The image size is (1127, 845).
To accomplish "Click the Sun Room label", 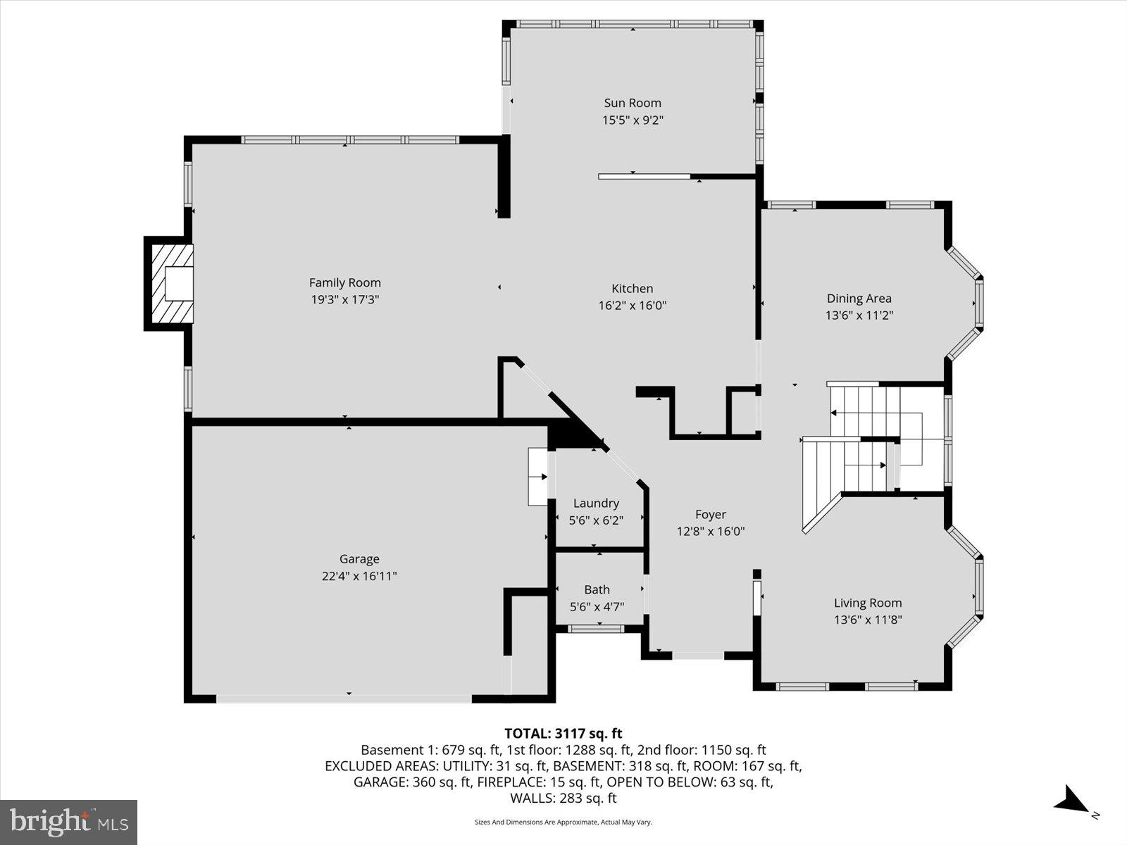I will point(633,103).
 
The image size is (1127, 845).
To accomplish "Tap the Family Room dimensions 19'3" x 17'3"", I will point(345,299).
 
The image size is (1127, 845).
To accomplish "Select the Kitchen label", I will point(632,288).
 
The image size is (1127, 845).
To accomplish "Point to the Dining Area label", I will point(859,299).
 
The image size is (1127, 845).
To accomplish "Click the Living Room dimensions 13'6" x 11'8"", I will point(868,620).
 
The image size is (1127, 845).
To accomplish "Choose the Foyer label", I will point(710,515).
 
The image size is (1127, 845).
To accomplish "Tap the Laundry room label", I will point(596,503).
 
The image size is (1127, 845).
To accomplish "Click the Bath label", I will point(597,589).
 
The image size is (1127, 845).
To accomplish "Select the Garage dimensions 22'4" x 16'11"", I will point(359,576).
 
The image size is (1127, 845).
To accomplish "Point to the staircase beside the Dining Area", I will point(873,440).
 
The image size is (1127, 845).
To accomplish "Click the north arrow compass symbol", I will point(1073,801).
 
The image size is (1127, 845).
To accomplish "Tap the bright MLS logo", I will point(69,822).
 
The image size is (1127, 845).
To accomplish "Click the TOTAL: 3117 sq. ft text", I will point(563,734).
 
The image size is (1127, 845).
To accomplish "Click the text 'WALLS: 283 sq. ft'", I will point(563,798).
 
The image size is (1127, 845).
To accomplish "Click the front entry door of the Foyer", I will point(697,656).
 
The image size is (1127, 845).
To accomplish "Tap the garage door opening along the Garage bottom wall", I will point(344,699).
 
